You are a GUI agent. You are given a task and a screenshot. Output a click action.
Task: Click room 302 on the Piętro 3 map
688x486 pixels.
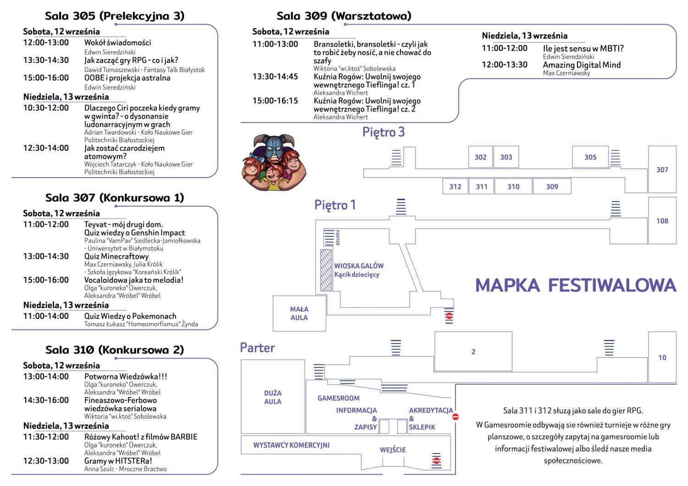click(x=480, y=157)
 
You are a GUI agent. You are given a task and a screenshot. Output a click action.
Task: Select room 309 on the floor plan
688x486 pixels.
click(x=552, y=186)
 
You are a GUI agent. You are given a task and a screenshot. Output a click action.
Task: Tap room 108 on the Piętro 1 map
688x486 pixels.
click(x=662, y=221)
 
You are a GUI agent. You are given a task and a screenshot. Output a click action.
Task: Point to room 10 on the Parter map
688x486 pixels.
click(x=662, y=357)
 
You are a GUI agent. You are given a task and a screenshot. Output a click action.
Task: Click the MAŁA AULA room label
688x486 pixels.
click(x=299, y=313)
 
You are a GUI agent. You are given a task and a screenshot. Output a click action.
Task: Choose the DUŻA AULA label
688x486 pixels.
click(x=273, y=397)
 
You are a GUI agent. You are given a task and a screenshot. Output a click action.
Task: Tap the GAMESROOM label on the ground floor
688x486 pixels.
click(x=338, y=398)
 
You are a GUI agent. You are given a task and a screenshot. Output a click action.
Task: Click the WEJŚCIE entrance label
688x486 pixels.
click(x=393, y=450)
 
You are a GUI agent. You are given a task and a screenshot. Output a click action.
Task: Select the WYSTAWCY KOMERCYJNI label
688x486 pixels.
click(x=291, y=445)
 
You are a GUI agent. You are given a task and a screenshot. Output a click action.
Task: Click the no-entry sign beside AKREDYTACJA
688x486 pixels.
click(x=455, y=417)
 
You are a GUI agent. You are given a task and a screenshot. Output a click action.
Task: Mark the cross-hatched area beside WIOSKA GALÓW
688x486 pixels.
click(x=326, y=270)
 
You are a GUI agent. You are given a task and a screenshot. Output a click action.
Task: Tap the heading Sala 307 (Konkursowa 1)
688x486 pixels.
click(x=115, y=197)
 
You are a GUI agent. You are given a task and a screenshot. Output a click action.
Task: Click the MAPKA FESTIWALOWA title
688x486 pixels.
click(x=576, y=285)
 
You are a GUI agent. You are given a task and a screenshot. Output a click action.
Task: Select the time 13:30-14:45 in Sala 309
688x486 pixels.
click(x=275, y=76)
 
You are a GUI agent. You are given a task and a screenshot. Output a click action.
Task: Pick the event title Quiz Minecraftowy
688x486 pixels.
click(x=117, y=256)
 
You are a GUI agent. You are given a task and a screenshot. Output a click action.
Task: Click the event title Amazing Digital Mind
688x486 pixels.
click(x=582, y=65)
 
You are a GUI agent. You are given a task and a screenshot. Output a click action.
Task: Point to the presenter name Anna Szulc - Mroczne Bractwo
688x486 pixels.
click(x=126, y=469)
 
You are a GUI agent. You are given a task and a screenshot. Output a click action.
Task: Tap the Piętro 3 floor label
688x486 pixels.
click(x=383, y=132)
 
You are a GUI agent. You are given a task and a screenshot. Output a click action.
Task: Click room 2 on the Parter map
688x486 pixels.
click(x=473, y=352)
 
